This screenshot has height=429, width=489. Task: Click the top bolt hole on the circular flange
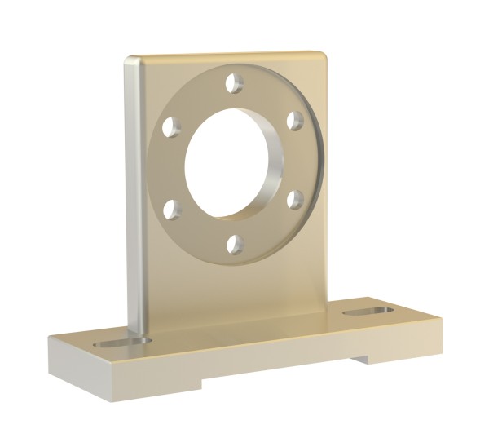click(235, 82)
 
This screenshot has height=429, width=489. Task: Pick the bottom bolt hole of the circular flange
click(234, 242)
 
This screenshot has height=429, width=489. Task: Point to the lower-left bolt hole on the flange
click(172, 210)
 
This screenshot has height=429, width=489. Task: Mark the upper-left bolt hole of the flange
click(170, 127)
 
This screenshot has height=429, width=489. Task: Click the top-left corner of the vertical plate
click(128, 60)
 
